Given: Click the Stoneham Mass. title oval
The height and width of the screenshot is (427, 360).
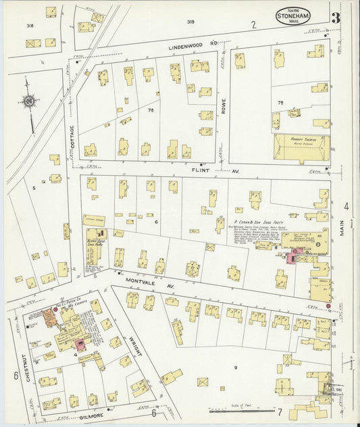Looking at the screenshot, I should tap(292, 16).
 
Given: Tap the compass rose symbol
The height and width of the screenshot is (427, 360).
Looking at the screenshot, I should tap(30, 101).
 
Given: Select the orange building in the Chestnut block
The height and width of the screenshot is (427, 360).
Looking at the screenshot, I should tap(49, 316).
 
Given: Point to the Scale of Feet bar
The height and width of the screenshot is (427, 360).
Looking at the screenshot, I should tap(236, 409).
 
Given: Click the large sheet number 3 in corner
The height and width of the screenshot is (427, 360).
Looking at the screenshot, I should tap(335, 17).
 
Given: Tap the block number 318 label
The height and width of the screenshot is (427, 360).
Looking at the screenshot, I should tap(30, 25).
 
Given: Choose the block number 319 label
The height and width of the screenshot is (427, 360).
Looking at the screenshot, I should tap(191, 22).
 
